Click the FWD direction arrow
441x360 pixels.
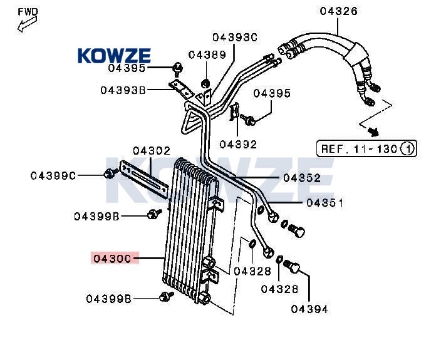(28, 24)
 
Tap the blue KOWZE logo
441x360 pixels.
(114, 55)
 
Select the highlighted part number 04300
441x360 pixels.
(112, 259)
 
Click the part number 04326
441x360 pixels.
(339, 11)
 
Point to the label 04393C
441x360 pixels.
(235, 37)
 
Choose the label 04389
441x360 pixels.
(207, 55)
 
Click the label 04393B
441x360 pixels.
(123, 90)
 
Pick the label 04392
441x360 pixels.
(238, 145)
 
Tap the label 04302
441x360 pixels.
(152, 151)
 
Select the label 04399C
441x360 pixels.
(53, 176)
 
